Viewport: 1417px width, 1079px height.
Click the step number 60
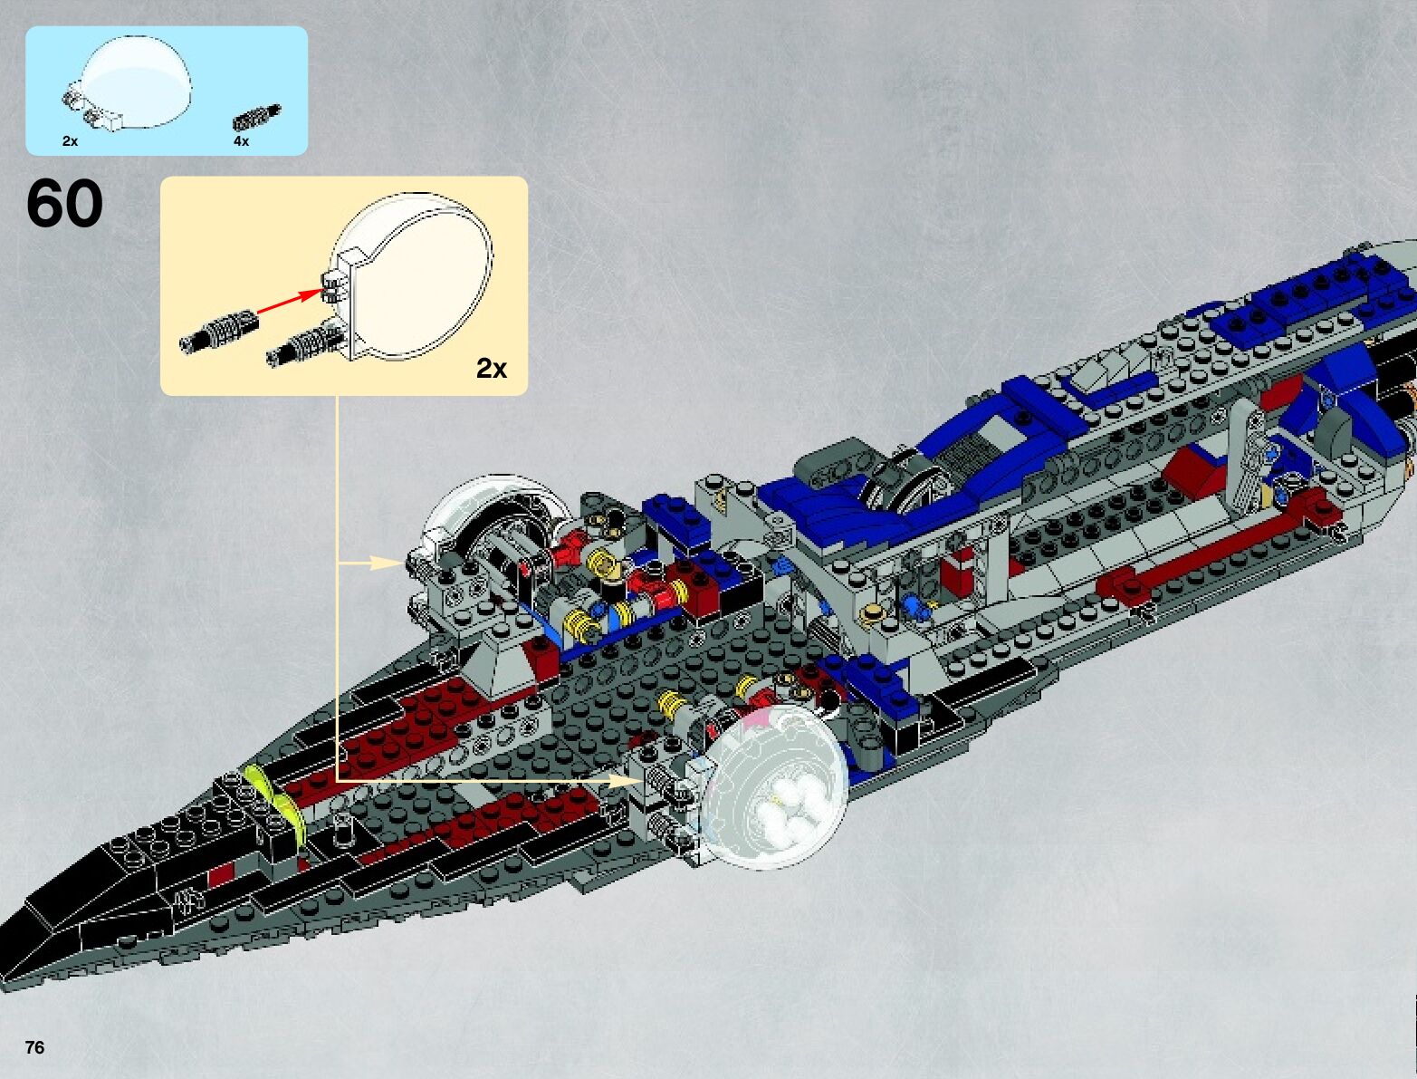point(64,204)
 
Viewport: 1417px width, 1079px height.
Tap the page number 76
point(34,1047)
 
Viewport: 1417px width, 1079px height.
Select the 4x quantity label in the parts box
point(241,141)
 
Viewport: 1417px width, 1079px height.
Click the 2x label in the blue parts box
point(70,141)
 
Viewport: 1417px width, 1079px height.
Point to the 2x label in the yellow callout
point(492,369)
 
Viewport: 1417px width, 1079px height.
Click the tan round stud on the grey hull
point(874,613)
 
